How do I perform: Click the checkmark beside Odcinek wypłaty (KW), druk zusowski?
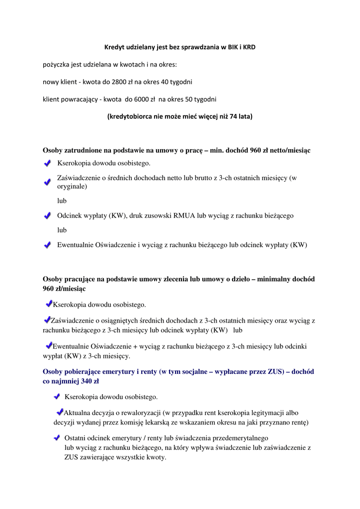coord(47,216)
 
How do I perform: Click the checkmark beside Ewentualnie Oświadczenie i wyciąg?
coord(47,245)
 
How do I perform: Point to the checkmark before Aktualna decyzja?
coord(60,412)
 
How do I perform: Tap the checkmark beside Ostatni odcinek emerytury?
coord(57,438)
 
